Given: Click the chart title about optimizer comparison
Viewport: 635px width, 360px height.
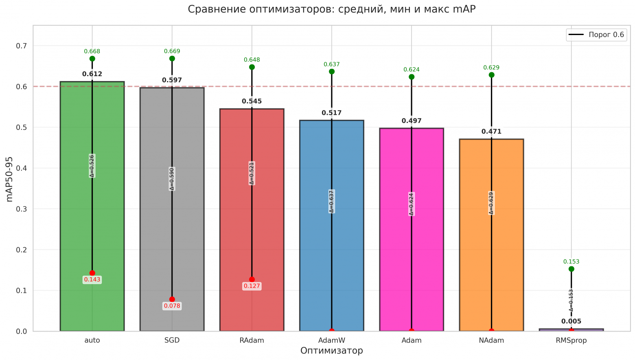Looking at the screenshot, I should coord(331,9).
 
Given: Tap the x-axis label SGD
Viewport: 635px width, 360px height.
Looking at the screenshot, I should coord(172,340).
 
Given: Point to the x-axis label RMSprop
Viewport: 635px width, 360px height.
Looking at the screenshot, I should coord(571,340).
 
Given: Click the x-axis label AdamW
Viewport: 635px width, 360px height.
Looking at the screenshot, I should coord(331,340).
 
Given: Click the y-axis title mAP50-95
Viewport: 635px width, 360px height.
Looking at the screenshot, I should coord(10,179).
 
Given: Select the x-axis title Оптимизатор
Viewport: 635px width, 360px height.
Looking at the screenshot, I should coord(331,351).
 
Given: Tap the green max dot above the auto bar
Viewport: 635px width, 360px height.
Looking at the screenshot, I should coord(92,59).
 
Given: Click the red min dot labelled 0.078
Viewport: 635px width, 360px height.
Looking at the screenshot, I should coord(172,299).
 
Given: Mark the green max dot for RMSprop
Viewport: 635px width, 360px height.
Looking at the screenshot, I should coord(571,269).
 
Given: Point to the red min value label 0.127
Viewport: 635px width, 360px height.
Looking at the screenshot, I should coord(252,286).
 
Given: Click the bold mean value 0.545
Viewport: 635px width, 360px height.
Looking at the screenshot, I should coord(252,101).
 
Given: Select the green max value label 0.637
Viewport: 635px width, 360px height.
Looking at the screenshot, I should coord(331,64).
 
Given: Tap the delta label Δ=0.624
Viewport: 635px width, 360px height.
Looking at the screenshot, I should coord(412,204).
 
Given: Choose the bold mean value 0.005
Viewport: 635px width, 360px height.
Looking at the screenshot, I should coord(571,321).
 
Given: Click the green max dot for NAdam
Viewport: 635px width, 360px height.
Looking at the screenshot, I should coord(491,75).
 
